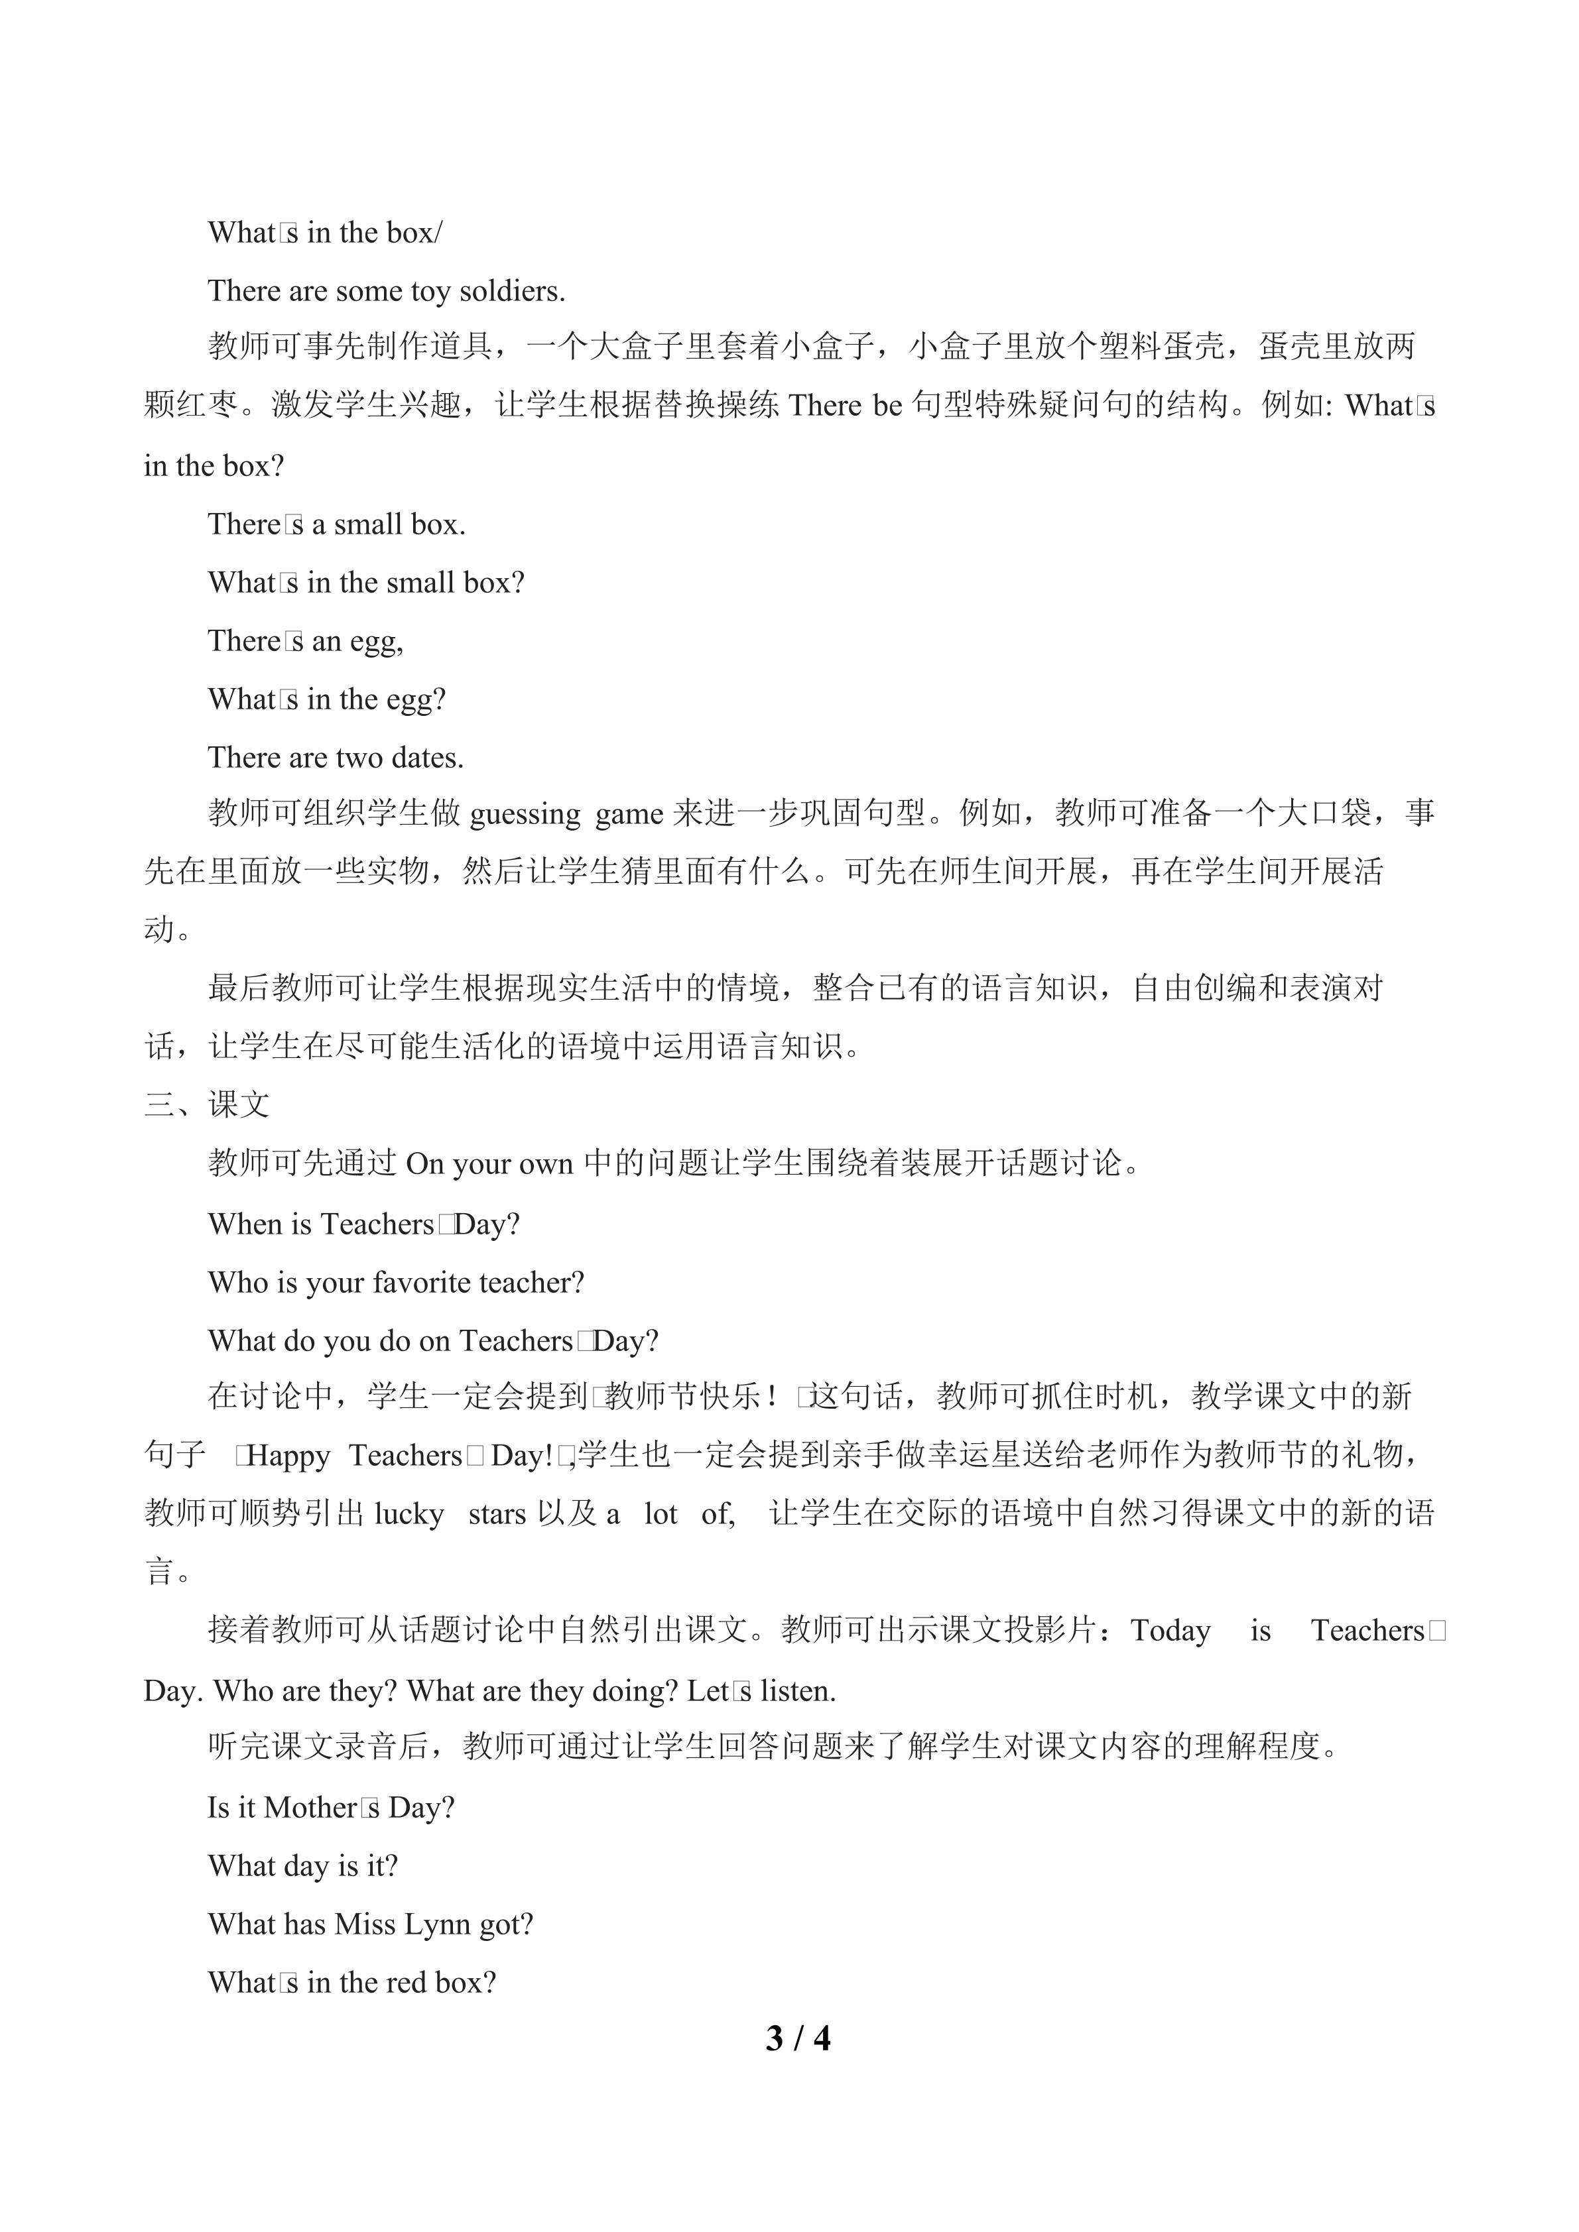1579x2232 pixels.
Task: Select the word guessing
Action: (x=525, y=813)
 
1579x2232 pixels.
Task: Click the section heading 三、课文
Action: (x=206, y=1104)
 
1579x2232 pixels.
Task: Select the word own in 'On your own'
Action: (x=546, y=1163)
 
